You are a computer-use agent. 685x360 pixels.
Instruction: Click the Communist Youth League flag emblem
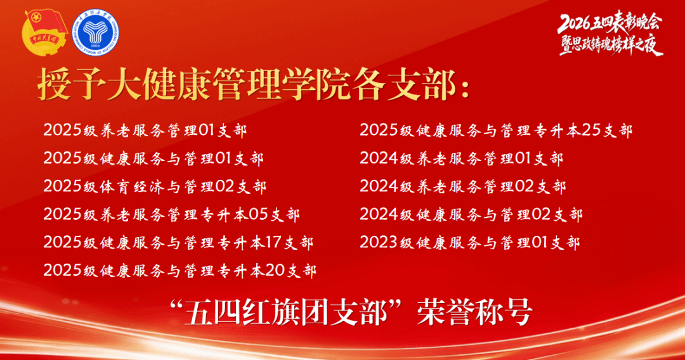coord(45,33)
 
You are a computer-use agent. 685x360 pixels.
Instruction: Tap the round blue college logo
coord(95,33)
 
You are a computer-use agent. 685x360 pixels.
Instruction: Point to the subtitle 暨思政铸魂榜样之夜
coord(611,44)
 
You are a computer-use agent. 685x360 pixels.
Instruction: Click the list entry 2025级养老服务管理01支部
coord(145,131)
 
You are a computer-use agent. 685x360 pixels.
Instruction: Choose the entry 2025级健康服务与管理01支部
coord(153,158)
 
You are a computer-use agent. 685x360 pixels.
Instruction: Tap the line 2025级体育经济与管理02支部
coord(155,186)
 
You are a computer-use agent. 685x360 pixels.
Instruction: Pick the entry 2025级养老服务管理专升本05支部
coord(171,214)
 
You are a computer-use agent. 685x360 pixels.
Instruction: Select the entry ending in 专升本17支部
coord(178,242)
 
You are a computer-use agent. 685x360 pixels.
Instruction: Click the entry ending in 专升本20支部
coord(179,271)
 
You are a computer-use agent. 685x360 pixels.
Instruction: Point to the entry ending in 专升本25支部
coord(496,131)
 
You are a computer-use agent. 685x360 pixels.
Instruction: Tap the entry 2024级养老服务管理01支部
coord(461,158)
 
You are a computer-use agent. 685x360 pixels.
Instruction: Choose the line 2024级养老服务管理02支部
coord(462,186)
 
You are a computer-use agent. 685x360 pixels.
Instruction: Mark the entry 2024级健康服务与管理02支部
coord(471,214)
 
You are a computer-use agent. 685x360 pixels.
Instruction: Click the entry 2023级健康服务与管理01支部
coord(469,242)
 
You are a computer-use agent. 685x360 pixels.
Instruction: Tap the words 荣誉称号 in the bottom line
coord(474,312)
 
